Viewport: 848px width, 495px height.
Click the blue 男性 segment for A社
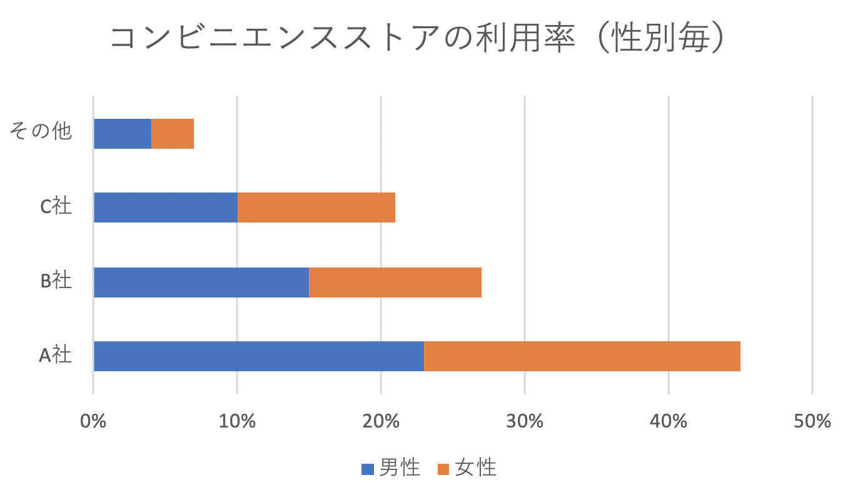tap(258, 356)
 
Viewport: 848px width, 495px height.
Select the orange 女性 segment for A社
tap(582, 356)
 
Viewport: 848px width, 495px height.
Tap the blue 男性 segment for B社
tap(201, 282)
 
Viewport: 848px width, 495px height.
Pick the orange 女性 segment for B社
tap(395, 282)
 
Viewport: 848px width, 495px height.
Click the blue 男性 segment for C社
tap(165, 207)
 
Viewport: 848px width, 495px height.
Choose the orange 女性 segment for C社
tap(316, 207)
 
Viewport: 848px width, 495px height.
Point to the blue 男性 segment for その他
tap(123, 134)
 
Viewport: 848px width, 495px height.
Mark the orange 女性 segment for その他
tap(173, 134)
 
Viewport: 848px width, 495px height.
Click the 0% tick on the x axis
tap(93, 421)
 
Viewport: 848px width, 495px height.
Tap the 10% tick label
tap(236, 421)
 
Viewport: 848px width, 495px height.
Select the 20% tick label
tap(380, 421)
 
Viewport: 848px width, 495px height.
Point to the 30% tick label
tap(524, 421)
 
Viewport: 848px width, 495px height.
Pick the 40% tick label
tap(668, 421)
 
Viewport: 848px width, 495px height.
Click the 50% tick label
tap(812, 421)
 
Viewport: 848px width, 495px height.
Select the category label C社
tap(56, 207)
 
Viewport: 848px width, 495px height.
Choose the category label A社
tap(55, 356)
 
